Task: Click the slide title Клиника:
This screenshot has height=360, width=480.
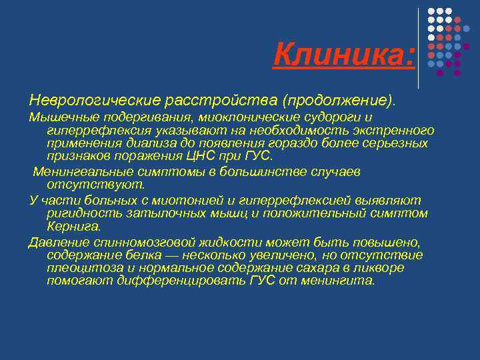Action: pyautogui.click(x=343, y=54)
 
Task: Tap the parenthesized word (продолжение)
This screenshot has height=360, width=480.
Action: pyautogui.click(x=338, y=100)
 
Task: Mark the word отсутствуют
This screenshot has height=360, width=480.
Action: pyautogui.click(x=87, y=184)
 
